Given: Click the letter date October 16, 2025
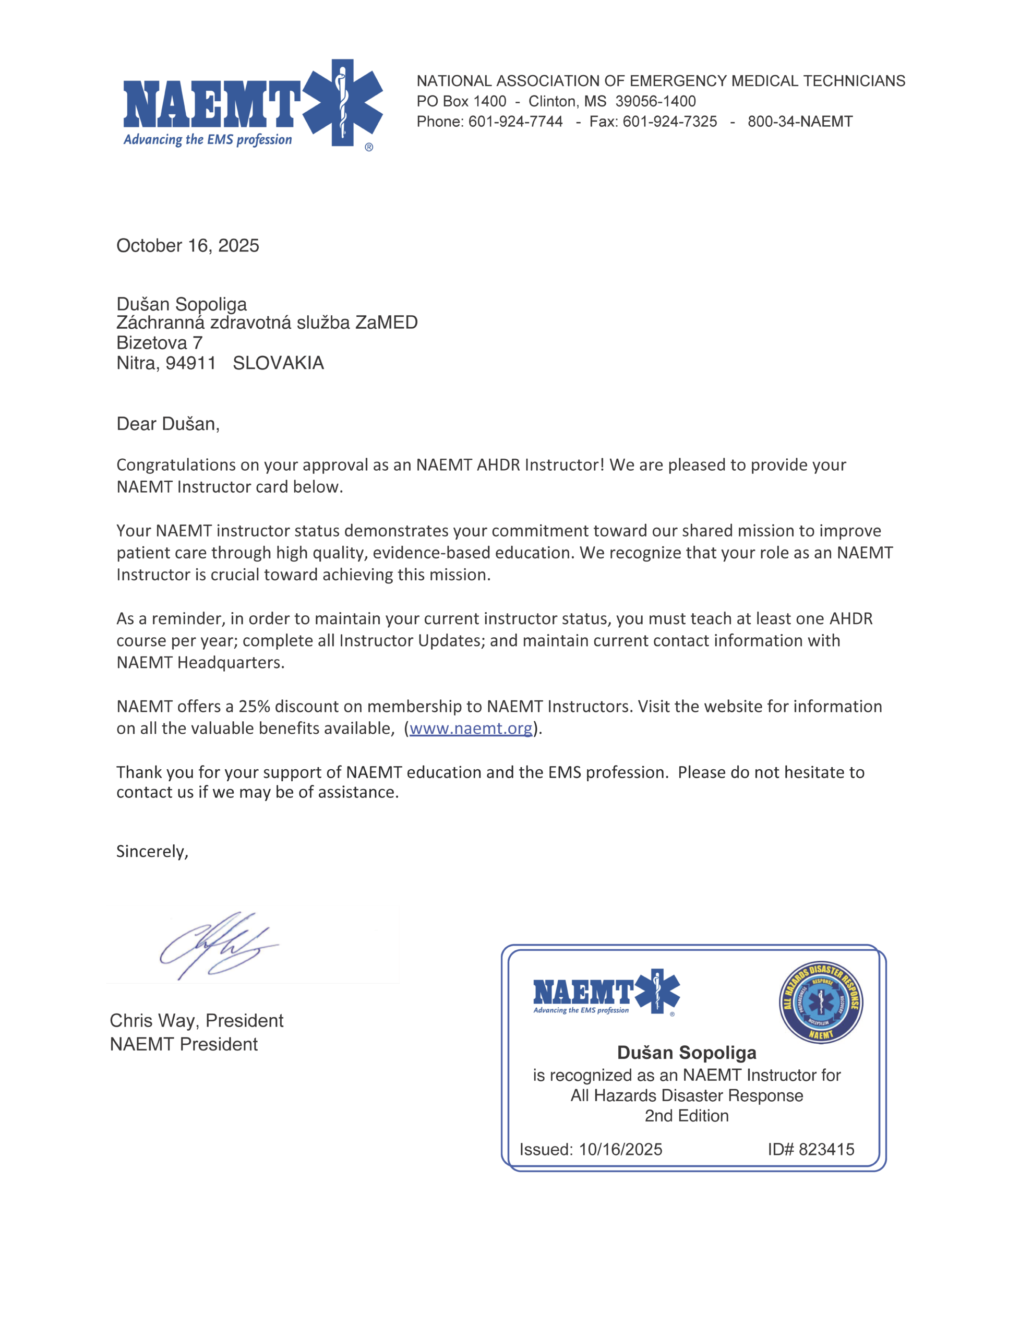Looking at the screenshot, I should click(x=187, y=245).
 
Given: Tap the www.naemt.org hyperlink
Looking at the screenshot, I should click(x=471, y=728).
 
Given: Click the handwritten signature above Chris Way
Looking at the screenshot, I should click(x=217, y=945).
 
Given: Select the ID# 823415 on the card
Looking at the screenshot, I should click(x=811, y=1149).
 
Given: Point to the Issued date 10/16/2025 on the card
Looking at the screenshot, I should click(x=620, y=1149).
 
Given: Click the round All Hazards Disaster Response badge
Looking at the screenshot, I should click(x=820, y=1002).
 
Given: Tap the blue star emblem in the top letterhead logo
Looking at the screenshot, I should click(x=343, y=102).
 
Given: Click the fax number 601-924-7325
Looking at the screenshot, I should click(x=669, y=121).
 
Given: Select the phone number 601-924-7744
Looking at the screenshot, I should click(x=515, y=121).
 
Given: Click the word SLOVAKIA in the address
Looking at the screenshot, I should click(x=278, y=363).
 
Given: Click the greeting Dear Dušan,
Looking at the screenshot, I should click(x=167, y=423).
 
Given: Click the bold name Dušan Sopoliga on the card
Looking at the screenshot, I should click(x=687, y=1052).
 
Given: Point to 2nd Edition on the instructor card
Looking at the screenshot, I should click(x=687, y=1115).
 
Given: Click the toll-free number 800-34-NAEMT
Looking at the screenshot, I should click(x=799, y=121).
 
